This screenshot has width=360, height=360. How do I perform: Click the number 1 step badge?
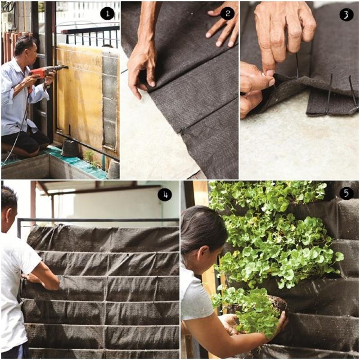[107, 13]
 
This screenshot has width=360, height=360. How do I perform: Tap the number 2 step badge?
[227, 13]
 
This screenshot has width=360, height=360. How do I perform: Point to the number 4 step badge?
[165, 195]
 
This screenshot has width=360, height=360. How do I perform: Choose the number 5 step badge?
[346, 193]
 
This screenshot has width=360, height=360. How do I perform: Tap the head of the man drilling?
[25, 49]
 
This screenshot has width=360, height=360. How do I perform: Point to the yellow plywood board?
[79, 96]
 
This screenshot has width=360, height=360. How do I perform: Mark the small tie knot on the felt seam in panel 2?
[183, 131]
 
